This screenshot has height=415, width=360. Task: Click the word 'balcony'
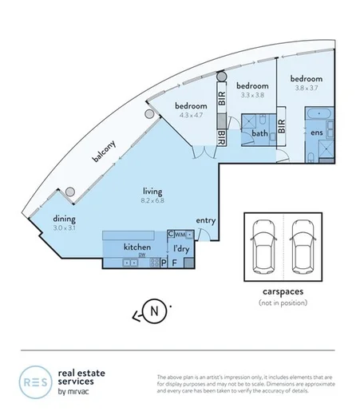(104, 152)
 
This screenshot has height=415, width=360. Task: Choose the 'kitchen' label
(137, 248)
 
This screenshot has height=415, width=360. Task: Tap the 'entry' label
(206, 221)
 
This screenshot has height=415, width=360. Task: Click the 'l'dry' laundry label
(181, 248)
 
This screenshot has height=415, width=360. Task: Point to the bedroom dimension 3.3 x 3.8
(249, 95)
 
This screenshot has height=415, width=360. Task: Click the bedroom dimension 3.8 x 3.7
(306, 89)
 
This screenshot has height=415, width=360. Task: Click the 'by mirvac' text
(77, 393)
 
